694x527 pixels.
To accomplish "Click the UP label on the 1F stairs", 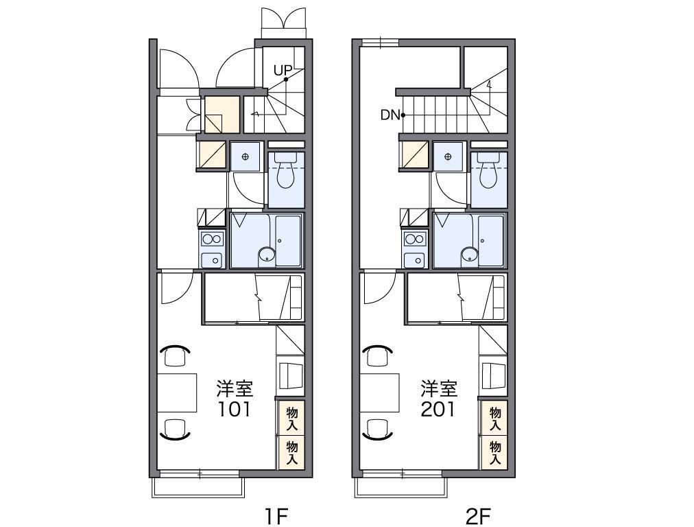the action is point(283,70).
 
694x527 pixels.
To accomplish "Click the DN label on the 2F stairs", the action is point(390,115).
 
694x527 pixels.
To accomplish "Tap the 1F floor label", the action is point(276,516).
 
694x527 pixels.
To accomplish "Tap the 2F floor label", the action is point(479,516).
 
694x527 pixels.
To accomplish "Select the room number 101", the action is point(234,410).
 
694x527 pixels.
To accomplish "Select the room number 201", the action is point(438,410).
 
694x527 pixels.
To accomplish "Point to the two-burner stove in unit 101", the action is point(212,239).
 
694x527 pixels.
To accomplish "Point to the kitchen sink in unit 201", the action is point(415,260).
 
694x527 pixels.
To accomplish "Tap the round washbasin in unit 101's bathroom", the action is point(267,255).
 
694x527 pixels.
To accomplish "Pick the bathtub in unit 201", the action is point(491,241).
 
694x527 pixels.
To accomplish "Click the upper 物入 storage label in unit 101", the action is point(291,419).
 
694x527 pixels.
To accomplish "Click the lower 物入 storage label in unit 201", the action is point(495,453).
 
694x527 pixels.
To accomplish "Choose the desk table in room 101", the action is point(177,393).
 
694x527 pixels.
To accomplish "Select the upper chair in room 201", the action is point(378,355).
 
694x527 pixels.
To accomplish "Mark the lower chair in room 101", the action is point(175,429).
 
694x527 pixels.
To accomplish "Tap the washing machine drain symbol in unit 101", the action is point(246,156).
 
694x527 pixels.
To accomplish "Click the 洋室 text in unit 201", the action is point(439,389).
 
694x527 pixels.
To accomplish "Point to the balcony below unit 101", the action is point(198,487).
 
